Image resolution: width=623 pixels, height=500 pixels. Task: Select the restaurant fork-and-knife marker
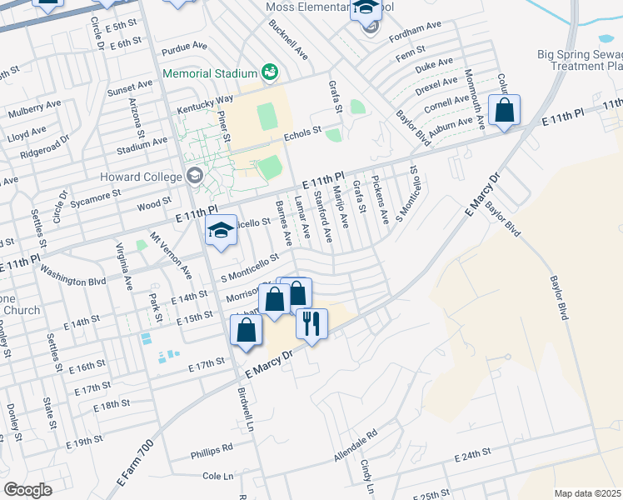311,322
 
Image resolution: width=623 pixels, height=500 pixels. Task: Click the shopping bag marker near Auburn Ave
505,110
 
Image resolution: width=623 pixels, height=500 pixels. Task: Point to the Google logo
28,490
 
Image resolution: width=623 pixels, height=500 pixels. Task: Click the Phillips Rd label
212,447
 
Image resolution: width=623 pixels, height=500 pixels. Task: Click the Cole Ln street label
217,476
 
